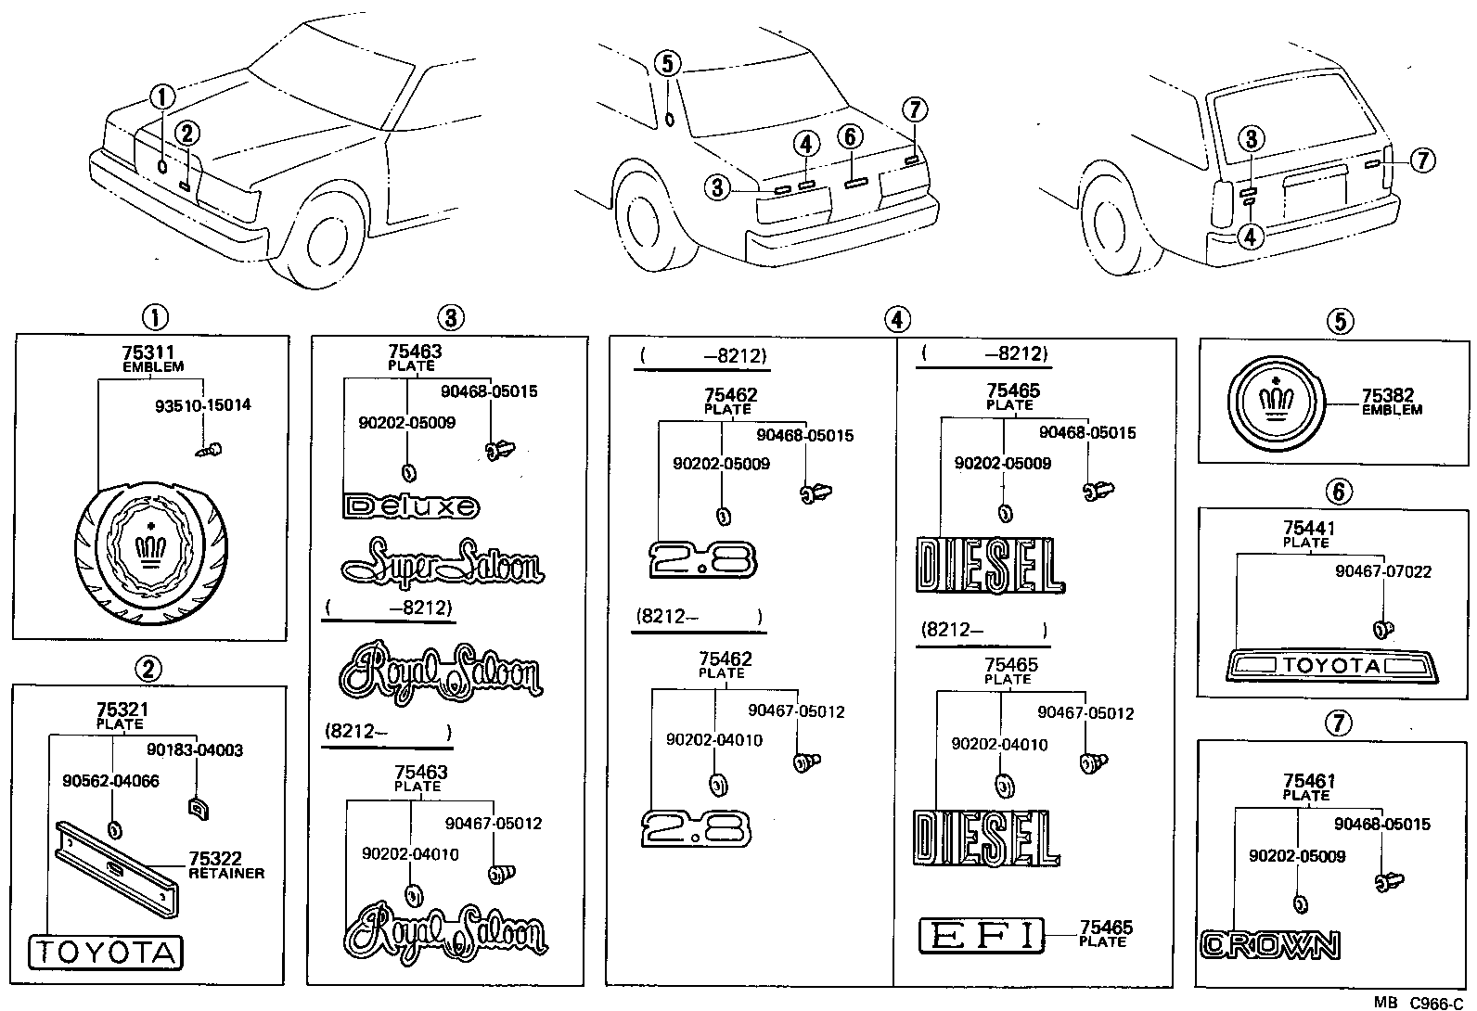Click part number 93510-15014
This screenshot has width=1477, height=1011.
click(202, 405)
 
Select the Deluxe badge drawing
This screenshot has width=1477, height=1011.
click(411, 506)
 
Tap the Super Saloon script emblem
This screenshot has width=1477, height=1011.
click(443, 562)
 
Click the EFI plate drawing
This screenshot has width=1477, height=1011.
click(981, 935)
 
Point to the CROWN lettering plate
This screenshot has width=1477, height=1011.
click(1269, 945)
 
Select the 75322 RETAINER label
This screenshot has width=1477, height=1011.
click(225, 865)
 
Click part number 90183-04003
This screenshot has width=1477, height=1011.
click(195, 749)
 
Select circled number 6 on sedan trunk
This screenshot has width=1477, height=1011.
click(849, 137)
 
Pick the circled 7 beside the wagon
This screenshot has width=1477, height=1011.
click(1422, 160)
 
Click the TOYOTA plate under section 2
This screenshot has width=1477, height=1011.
click(106, 953)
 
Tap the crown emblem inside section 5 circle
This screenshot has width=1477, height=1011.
click(1278, 402)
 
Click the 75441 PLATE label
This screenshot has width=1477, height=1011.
click(1307, 534)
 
